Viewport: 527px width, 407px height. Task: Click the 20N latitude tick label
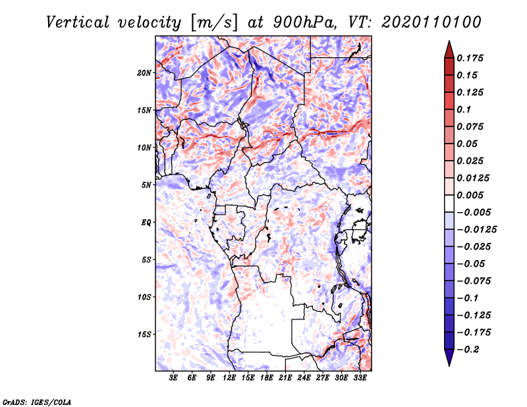click(x=144, y=72)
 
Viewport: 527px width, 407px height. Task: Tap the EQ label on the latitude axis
click(x=146, y=222)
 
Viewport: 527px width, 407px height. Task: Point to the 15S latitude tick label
click(x=144, y=334)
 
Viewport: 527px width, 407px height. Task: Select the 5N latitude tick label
click(x=146, y=185)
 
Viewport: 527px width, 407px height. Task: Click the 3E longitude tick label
click(x=174, y=379)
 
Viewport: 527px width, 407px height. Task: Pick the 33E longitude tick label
click(x=360, y=379)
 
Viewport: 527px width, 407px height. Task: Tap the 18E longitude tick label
click(x=267, y=379)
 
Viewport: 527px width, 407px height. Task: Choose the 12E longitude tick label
click(x=230, y=379)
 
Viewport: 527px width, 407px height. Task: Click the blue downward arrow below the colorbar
click(x=449, y=359)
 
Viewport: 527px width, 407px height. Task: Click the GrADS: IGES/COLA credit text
click(x=36, y=401)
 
